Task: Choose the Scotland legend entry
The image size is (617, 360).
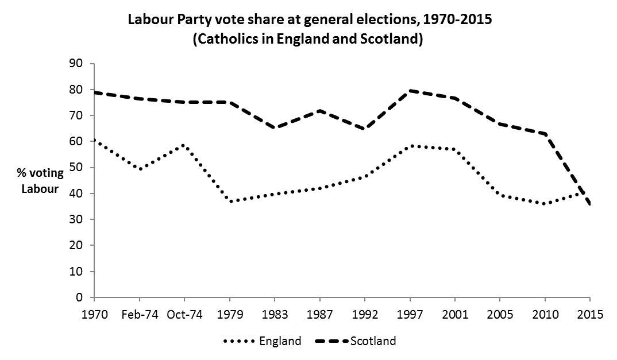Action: (x=373, y=341)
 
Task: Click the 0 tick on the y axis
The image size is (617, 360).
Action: (x=80, y=297)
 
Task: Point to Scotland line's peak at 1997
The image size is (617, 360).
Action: (x=410, y=90)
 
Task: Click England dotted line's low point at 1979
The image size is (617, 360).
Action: (x=229, y=202)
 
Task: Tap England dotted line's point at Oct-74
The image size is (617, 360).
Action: (x=184, y=145)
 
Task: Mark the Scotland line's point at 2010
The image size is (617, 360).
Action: (x=545, y=134)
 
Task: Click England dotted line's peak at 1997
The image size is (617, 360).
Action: (x=410, y=146)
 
